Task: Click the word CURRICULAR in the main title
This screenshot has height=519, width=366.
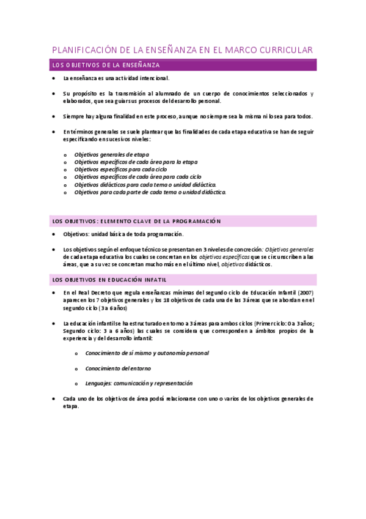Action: tap(282, 50)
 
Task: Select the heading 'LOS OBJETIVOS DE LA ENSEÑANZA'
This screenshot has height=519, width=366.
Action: tap(106, 64)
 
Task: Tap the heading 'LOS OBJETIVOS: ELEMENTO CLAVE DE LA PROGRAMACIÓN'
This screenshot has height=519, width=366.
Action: tap(136, 221)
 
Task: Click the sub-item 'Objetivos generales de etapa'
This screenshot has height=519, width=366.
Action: tap(111, 154)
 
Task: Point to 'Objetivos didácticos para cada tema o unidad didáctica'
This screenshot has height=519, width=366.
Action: tap(145, 184)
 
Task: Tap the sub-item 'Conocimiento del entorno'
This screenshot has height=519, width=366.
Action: tap(118, 368)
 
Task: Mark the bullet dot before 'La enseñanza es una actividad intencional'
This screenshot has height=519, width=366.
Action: tap(54, 78)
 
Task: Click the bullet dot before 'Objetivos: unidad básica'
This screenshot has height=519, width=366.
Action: tap(54, 234)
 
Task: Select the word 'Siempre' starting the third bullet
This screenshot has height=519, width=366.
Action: tap(73, 116)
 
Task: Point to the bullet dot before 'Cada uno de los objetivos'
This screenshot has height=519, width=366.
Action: tap(54, 398)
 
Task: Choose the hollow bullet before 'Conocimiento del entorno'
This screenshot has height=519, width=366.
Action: tap(76, 368)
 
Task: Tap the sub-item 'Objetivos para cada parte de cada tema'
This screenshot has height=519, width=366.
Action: tap(150, 192)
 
